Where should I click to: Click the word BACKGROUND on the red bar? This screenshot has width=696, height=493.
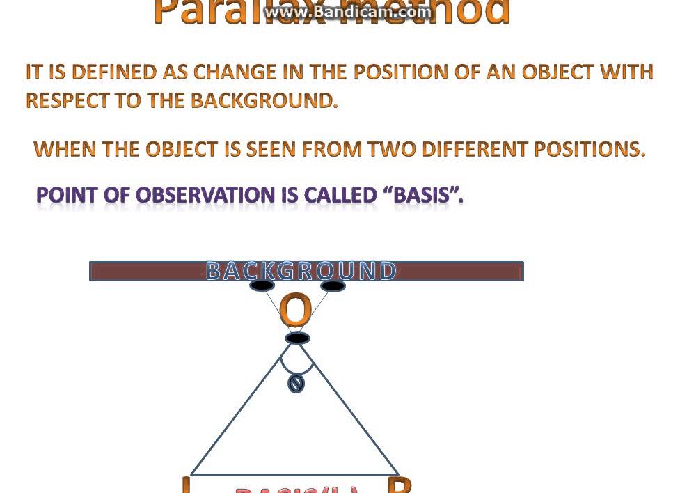pyautogui.click(x=301, y=271)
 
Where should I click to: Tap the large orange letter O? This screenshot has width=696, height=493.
pyautogui.click(x=294, y=311)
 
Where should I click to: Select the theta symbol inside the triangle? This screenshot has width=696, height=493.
pyautogui.click(x=296, y=384)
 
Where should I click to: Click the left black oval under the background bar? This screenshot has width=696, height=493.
pyautogui.click(x=262, y=285)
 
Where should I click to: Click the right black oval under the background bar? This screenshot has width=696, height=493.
pyautogui.click(x=333, y=285)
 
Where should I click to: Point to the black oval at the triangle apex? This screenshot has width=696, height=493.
pyautogui.click(x=297, y=338)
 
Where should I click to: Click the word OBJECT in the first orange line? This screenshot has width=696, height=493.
pyautogui.click(x=557, y=72)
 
